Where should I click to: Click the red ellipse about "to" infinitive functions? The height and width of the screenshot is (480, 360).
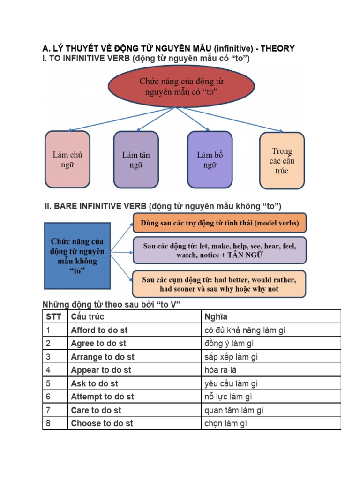[x=181, y=87]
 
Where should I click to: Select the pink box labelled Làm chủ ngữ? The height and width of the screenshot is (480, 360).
[x=67, y=159]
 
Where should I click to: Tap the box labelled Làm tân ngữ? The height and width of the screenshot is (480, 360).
[x=136, y=159]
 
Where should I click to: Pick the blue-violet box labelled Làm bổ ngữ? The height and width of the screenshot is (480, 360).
[x=210, y=159]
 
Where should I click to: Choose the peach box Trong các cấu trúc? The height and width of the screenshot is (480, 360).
[x=282, y=160]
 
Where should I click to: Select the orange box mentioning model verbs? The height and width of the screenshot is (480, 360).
[x=220, y=223]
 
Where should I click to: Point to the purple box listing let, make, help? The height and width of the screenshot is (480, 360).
[x=220, y=250]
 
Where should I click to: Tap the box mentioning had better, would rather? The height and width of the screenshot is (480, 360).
[x=220, y=284]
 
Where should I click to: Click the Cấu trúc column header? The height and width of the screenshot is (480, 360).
[x=134, y=316]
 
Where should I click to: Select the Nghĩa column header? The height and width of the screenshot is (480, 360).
[x=271, y=316]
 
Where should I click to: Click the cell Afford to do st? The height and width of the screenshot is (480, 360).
[x=134, y=330]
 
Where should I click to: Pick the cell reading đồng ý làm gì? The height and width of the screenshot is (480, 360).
[x=271, y=344]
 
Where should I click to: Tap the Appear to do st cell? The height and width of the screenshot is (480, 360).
[x=134, y=370]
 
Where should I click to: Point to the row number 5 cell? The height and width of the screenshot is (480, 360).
[x=55, y=383]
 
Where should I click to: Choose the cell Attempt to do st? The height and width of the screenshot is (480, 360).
[x=134, y=397]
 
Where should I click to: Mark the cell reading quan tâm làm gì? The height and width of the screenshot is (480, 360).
[x=271, y=410]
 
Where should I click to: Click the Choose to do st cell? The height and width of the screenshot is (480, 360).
[x=134, y=423]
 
